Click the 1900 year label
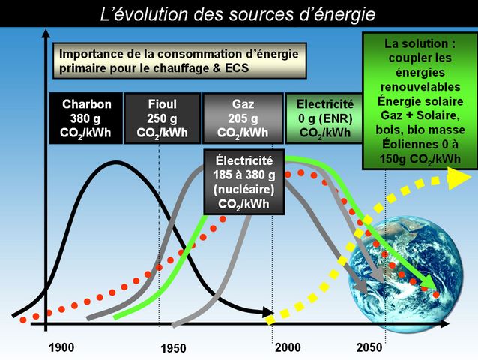(61, 347)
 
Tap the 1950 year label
(173, 349)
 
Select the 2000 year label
(288, 347)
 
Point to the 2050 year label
(369, 347)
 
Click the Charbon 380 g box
(86, 118)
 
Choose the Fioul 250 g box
(162, 118)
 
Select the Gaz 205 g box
(243, 118)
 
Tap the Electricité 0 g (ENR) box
(325, 118)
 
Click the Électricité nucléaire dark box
(244, 182)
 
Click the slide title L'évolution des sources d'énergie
(238, 14)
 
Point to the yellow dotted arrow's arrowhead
(460, 178)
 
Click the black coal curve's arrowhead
(267, 312)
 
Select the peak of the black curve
(115, 162)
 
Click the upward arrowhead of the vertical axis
(46, 33)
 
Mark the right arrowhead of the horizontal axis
(444, 324)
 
